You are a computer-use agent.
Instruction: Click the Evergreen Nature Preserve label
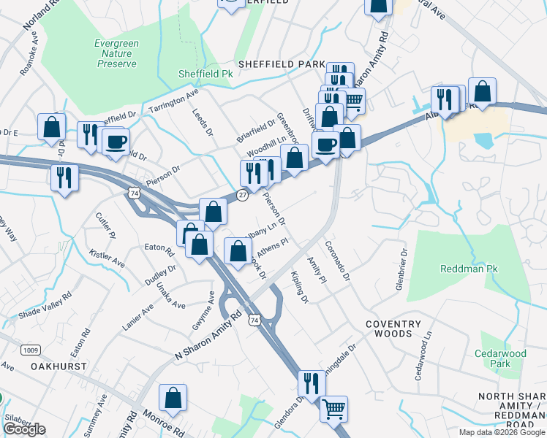point(116,53)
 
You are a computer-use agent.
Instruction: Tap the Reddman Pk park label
point(469,269)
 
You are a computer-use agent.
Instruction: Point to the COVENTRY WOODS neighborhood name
point(393,328)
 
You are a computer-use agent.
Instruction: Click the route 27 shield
point(241,194)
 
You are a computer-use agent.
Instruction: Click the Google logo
point(24,430)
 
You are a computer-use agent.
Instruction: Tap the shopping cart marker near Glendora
point(333,409)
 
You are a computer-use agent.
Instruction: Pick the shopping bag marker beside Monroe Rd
point(173,398)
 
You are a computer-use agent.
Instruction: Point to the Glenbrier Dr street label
point(401,269)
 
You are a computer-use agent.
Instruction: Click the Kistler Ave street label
point(107,257)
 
